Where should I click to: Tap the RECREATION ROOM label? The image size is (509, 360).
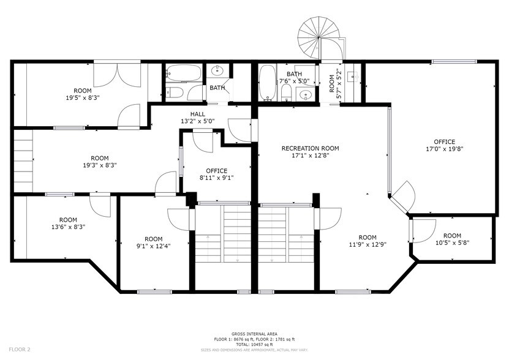(310, 148)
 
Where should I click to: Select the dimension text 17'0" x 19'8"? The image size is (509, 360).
(445, 149)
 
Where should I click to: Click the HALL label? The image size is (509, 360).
(198, 114)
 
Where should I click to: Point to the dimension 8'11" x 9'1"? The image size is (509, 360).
(216, 178)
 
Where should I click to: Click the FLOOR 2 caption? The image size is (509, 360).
(20, 350)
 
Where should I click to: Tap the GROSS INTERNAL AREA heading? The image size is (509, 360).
(254, 334)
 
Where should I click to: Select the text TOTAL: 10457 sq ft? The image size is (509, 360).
(254, 345)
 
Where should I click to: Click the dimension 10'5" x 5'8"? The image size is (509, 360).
(452, 242)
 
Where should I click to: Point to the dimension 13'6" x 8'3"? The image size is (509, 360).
(68, 227)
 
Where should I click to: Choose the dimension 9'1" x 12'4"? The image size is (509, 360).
(154, 246)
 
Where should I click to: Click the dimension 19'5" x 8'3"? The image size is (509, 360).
(83, 97)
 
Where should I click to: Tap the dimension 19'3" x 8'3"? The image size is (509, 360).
(100, 165)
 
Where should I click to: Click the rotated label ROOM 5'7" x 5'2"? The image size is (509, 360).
(335, 83)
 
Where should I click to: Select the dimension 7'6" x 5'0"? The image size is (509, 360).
(295, 81)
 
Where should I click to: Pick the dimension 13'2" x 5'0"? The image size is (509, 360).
(198, 121)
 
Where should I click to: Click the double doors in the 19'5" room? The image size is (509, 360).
(117, 75)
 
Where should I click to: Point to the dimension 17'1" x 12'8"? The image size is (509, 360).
(310, 156)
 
